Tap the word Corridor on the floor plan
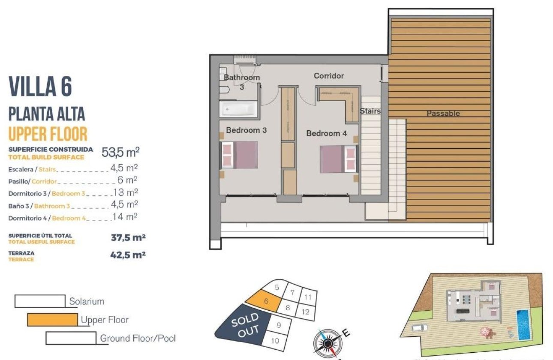coord(328,76)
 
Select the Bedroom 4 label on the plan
coord(326,133)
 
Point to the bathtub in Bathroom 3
coord(239,109)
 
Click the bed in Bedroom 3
coord(239,155)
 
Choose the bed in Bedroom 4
coord(338,159)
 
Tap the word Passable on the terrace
coord(443,114)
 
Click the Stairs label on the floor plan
coord(370,111)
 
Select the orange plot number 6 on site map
coord(266,301)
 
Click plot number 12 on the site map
coord(305,312)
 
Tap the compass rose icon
coord(328,342)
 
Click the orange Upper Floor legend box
coord(53,320)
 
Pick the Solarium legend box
coord(40,301)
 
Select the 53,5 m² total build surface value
coord(120,152)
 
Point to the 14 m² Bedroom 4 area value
coord(125,217)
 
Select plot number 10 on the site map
coord(275,341)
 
